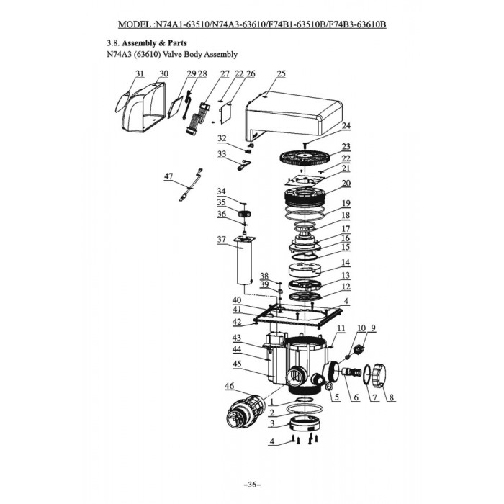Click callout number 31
140,74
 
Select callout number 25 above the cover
281,74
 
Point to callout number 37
221,238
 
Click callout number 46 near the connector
229,387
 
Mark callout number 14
346,263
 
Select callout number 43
236,338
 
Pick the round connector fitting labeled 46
240,415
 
